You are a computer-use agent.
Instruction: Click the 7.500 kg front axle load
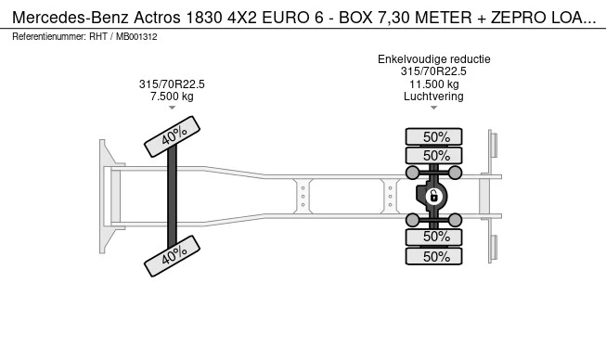click(x=173, y=96)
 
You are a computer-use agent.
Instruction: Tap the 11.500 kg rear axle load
click(x=433, y=84)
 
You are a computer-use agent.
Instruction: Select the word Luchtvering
click(x=433, y=96)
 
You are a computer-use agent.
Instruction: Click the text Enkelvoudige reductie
click(x=433, y=59)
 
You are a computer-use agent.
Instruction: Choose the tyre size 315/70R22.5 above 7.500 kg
click(x=173, y=84)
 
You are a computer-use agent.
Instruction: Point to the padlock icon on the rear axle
click(x=432, y=196)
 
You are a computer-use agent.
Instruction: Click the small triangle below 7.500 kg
click(x=173, y=109)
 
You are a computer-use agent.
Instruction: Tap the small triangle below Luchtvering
click(x=433, y=109)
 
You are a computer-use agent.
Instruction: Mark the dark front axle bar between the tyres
click(x=172, y=196)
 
